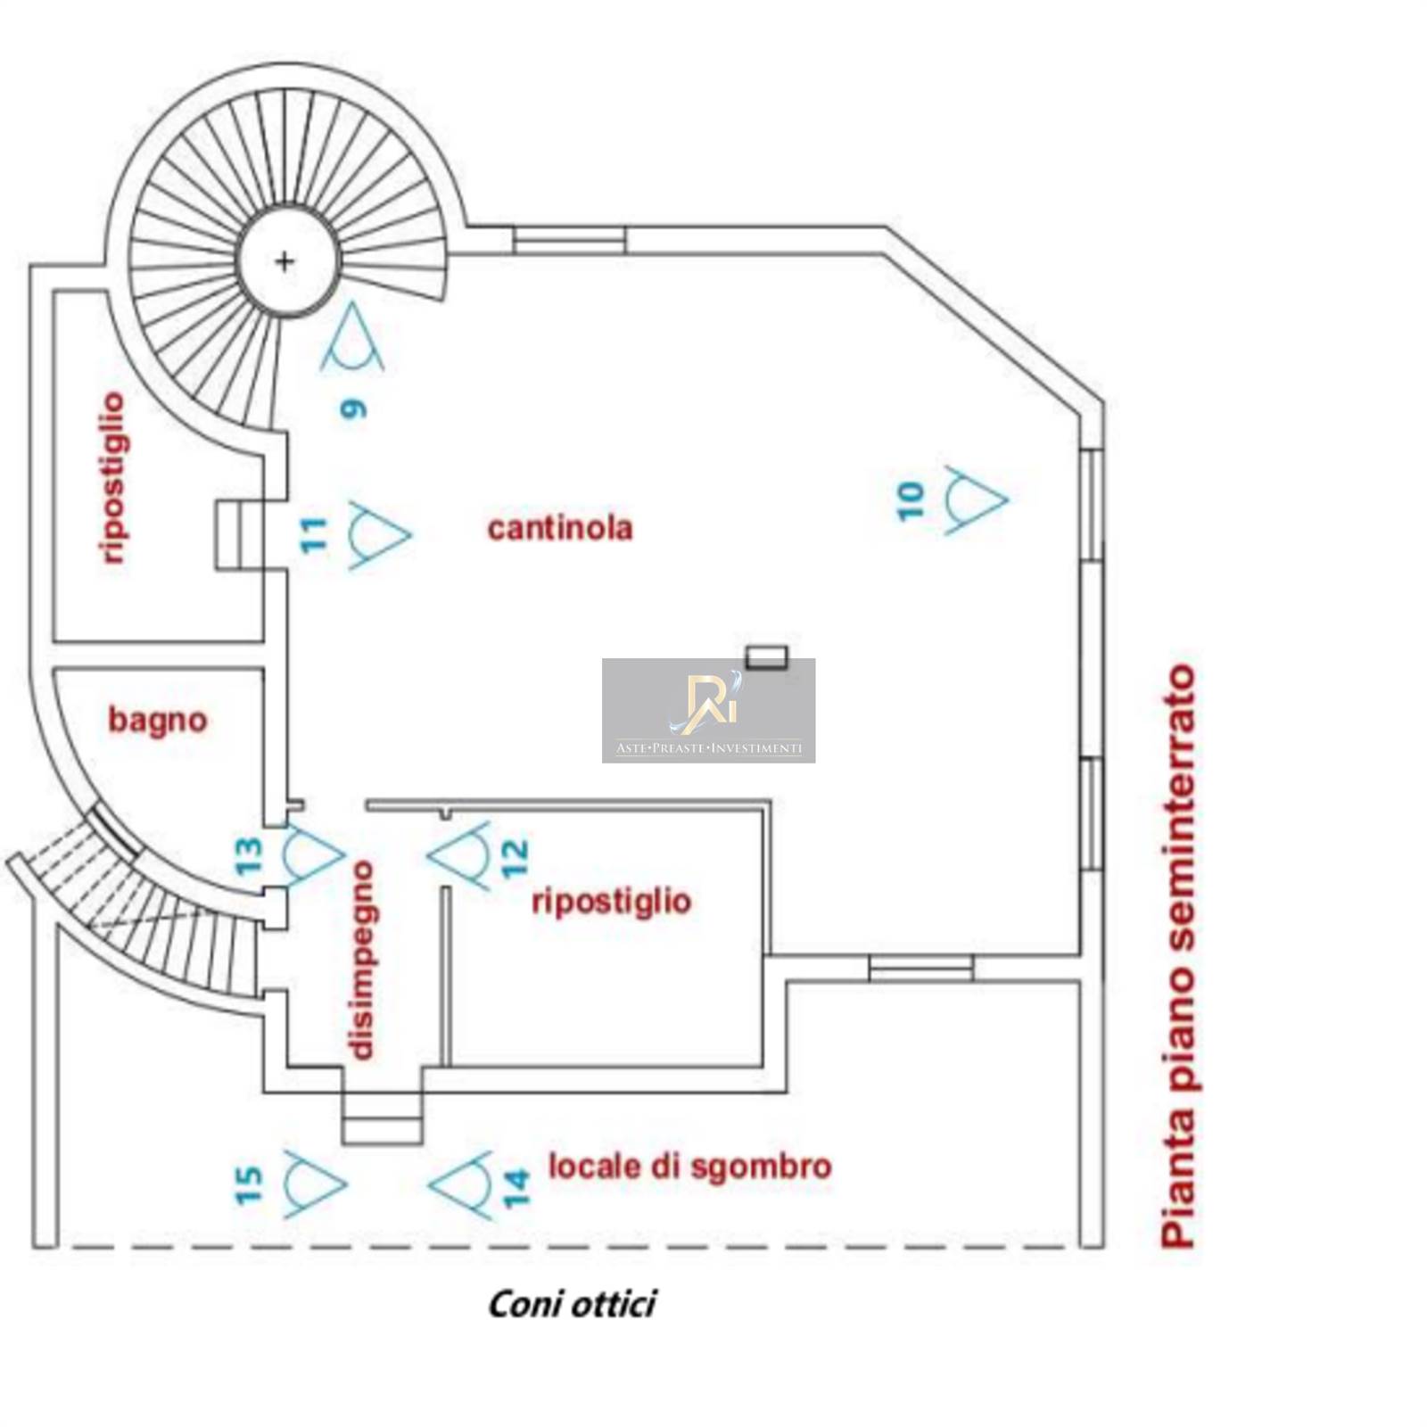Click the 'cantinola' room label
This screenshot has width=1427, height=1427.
click(x=560, y=528)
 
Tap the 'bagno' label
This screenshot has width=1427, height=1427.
click(x=158, y=720)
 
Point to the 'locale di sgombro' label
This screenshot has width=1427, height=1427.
click(x=689, y=1167)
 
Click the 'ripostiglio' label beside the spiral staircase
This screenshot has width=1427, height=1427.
click(x=113, y=478)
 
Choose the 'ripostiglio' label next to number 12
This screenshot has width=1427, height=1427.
click(x=611, y=901)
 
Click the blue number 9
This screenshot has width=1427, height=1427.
click(x=354, y=409)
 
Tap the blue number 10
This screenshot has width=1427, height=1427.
click(x=910, y=501)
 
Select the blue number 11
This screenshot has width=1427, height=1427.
click(x=314, y=535)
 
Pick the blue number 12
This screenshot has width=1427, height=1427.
click(x=515, y=858)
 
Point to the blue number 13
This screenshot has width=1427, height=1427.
click(x=250, y=856)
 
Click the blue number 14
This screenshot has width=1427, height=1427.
click(x=516, y=1188)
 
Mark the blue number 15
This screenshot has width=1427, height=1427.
click(x=250, y=1185)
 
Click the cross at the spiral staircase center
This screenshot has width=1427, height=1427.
click(x=285, y=261)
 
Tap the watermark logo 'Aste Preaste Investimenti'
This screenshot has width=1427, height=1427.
click(x=708, y=711)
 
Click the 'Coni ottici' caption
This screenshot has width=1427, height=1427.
click(x=572, y=1304)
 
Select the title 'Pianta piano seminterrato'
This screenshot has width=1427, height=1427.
click(x=1177, y=954)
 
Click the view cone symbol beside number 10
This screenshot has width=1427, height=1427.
click(x=975, y=499)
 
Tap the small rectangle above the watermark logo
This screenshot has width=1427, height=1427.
click(x=767, y=657)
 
